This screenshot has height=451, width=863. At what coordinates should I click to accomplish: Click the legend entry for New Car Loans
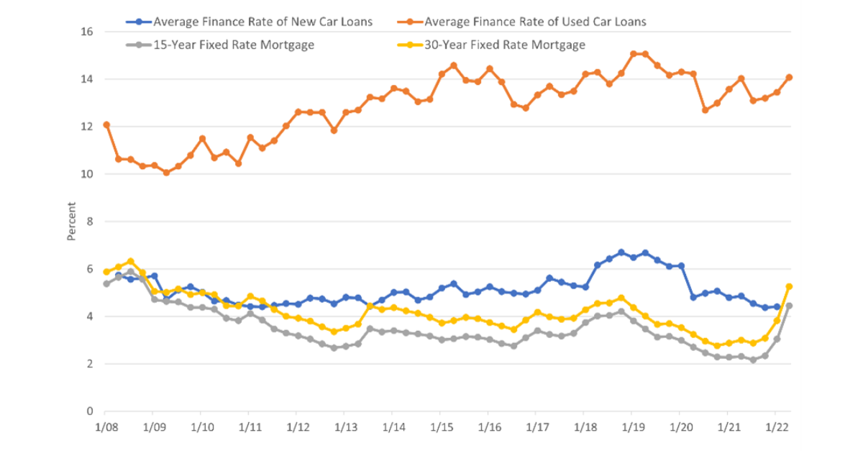pyautogui.click(x=263, y=22)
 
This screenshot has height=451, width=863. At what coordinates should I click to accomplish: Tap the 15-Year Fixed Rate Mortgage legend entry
pyautogui.click(x=233, y=45)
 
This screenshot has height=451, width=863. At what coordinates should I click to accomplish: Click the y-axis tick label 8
pyautogui.click(x=90, y=222)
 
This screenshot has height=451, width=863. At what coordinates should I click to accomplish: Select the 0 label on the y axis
pyautogui.click(x=90, y=411)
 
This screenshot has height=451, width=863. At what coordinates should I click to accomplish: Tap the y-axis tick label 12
pyautogui.click(x=86, y=127)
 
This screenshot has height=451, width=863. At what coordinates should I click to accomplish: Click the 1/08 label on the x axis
pyautogui.click(x=106, y=426)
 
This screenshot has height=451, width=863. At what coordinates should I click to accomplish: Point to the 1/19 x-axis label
pyautogui.click(x=631, y=426)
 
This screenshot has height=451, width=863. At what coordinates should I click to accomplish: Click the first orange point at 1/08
pyautogui.click(x=106, y=124)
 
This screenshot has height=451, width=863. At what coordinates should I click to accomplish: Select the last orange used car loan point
pyautogui.click(x=789, y=78)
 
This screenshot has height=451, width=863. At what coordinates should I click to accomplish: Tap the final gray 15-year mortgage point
pyautogui.click(x=789, y=306)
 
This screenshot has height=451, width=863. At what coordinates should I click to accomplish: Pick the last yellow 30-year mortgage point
pyautogui.click(x=789, y=286)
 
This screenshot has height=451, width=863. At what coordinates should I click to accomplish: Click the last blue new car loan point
pyautogui.click(x=777, y=306)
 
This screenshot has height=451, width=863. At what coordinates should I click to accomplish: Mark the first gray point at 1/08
pyautogui.click(x=106, y=283)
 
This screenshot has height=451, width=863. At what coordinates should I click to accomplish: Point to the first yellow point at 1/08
pyautogui.click(x=106, y=272)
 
